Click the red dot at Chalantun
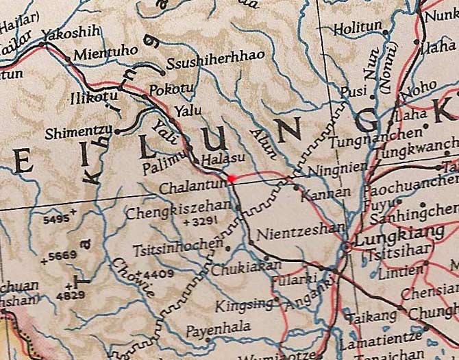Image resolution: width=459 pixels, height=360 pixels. [232, 178]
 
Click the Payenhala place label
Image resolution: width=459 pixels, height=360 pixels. [219, 328]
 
